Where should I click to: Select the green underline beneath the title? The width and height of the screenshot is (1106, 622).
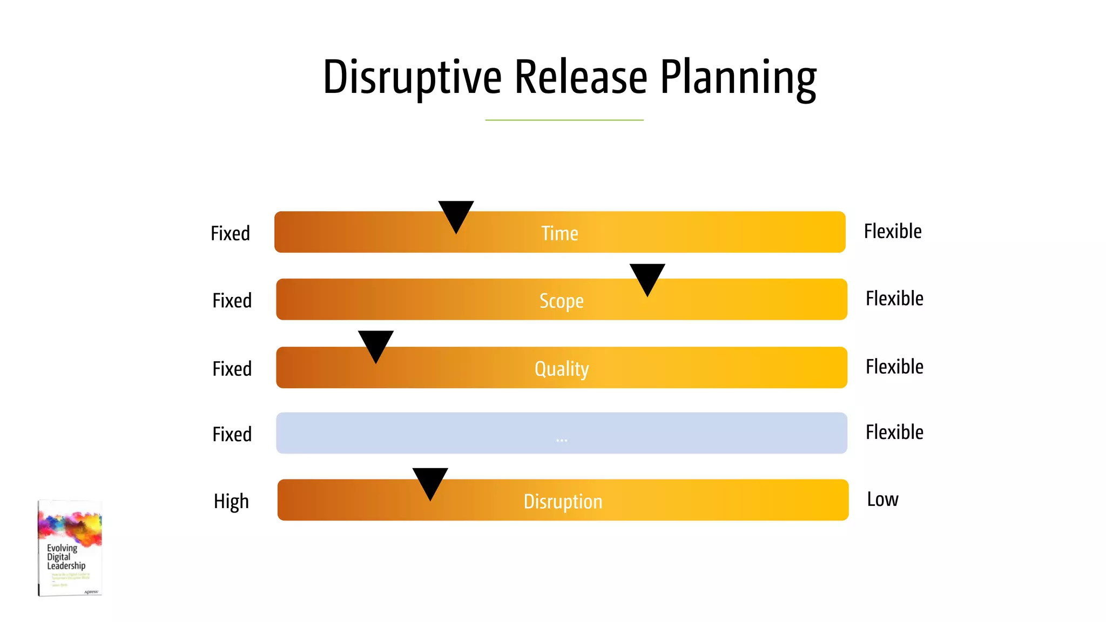[x=564, y=120]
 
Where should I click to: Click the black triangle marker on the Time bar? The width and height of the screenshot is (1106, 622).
[x=456, y=214]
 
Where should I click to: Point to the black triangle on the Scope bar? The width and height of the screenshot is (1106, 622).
[x=647, y=277]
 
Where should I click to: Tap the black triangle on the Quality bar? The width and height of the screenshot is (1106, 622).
[x=376, y=344]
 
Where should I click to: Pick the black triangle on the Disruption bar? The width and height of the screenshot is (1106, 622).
[x=430, y=481]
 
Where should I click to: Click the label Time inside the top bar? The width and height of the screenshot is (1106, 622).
[x=559, y=233]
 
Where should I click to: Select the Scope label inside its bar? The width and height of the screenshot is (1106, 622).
[x=562, y=301]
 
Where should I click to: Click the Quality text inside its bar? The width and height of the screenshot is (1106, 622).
[x=562, y=369]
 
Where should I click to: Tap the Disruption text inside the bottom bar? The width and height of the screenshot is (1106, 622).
[x=563, y=502]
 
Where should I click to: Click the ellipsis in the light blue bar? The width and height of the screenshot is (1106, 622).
[x=562, y=440]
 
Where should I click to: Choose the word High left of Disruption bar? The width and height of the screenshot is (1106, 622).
[x=231, y=502]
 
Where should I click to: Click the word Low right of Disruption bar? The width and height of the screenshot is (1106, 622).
[x=882, y=499]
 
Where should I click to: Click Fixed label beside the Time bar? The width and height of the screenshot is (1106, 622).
[x=230, y=233]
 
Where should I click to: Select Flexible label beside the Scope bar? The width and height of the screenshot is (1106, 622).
[x=894, y=299]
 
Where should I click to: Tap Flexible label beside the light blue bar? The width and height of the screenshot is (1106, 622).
[x=894, y=432]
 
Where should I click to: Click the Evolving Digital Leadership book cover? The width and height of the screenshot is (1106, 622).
[x=70, y=548]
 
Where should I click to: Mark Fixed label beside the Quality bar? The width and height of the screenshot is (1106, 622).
[x=232, y=369]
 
